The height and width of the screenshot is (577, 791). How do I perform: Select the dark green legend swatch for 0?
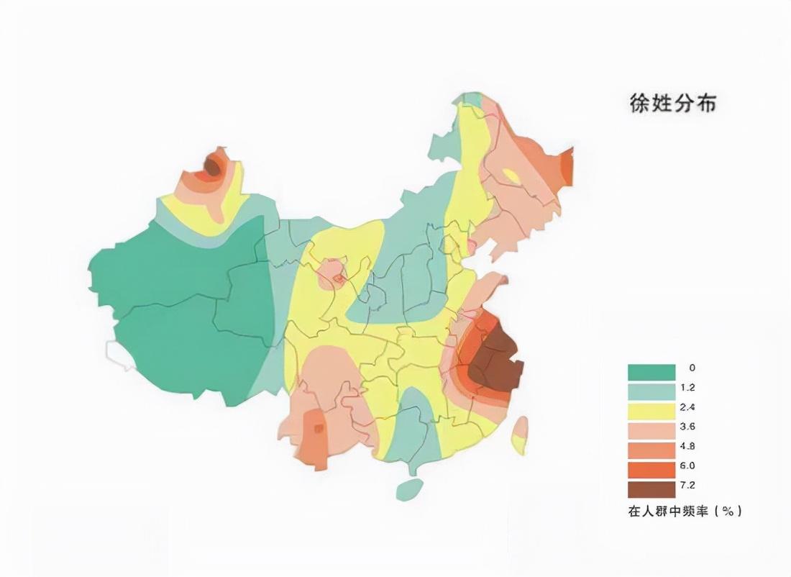651,372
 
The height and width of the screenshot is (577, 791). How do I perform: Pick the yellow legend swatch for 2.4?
651,412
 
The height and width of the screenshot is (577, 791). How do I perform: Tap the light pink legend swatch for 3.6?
651,431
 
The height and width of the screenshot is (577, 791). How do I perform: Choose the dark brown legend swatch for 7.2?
651,490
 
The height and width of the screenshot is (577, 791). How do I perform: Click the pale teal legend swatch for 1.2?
651,392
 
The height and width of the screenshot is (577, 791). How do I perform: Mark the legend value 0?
692,368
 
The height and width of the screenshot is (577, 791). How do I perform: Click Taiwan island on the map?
519,435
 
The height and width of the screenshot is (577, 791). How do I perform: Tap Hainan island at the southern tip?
409,489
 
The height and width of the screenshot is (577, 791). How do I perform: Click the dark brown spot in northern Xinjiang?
211,167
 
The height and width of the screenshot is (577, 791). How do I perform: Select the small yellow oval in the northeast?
511,175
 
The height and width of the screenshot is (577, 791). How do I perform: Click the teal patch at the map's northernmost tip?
472,100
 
